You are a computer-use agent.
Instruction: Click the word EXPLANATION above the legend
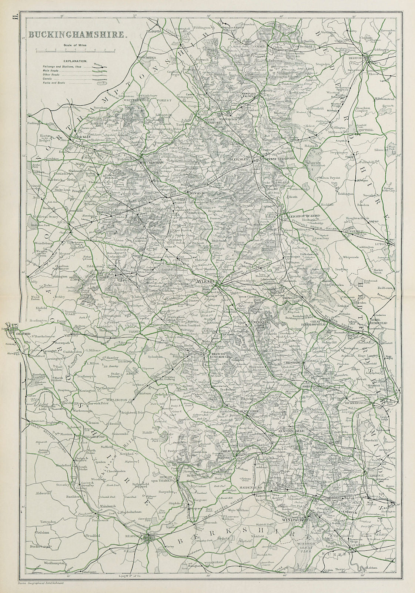point(75,60)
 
